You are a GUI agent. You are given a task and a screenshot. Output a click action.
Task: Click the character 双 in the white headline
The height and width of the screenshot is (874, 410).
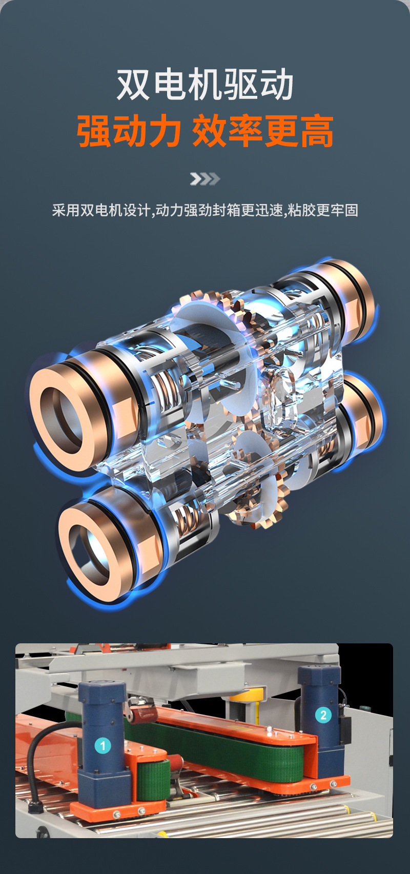(x=133, y=85)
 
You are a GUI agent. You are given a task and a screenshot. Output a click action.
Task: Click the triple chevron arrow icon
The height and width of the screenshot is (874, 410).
(x=205, y=179)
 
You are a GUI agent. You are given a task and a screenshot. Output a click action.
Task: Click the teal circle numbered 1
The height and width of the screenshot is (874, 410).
(x=103, y=746)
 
